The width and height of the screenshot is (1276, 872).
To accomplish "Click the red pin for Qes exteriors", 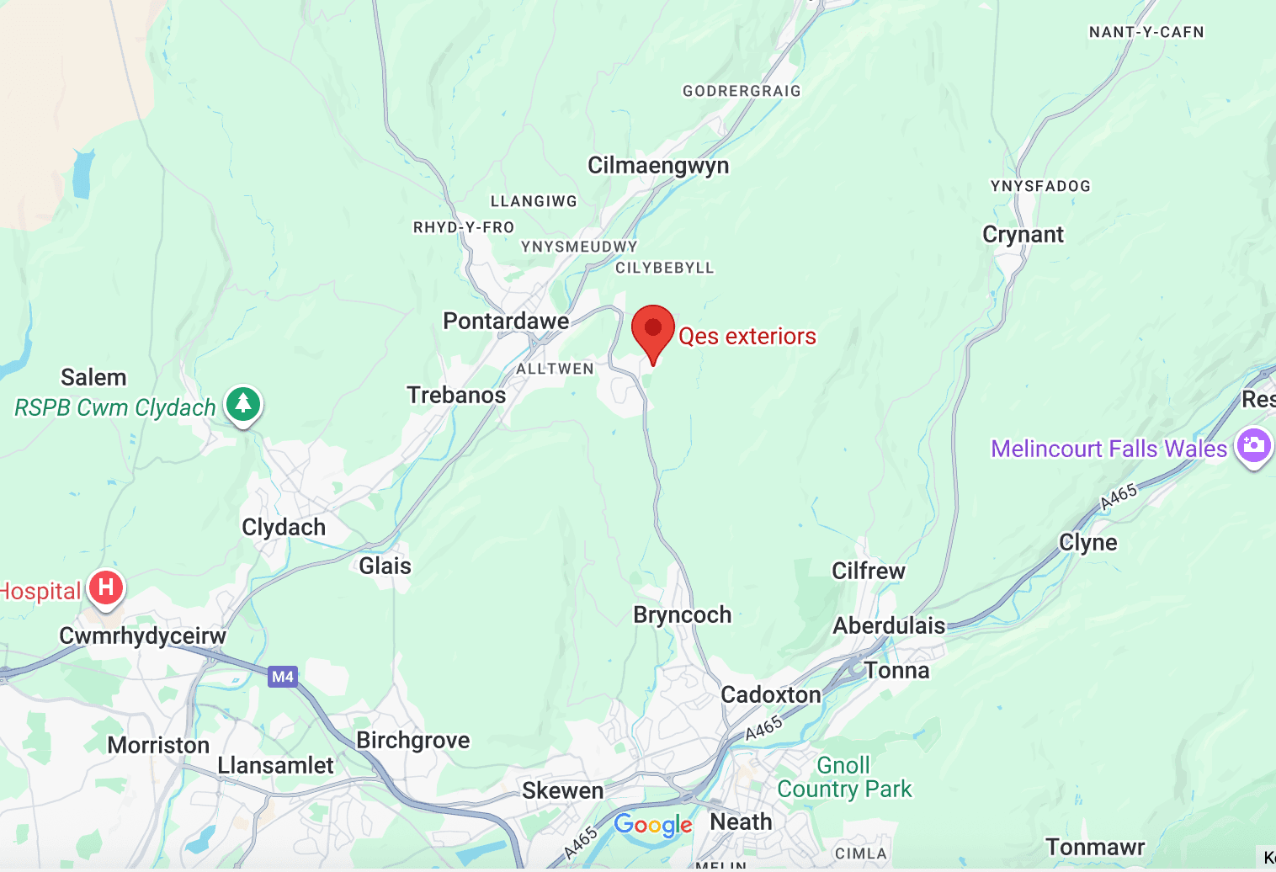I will point(653,330).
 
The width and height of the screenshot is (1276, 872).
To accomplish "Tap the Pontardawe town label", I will point(506,322).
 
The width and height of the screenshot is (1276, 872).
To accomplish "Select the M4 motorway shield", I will point(283,677).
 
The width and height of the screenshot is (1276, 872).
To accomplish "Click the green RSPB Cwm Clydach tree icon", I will point(243,404).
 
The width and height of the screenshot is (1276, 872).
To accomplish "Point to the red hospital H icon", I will point(106,587).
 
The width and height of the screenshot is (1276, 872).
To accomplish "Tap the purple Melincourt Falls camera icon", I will point(1253,445).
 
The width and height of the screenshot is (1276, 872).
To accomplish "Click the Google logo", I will point(653,825).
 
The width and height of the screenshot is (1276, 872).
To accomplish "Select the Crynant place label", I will point(1023,235).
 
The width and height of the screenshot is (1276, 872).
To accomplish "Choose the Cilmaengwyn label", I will point(658,166).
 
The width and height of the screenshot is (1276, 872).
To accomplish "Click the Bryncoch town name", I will point(682,615).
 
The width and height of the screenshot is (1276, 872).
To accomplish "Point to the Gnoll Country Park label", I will point(844,778).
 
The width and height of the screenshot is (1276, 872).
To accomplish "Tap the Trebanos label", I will point(456,396).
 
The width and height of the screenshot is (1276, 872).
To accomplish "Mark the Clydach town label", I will point(284,528).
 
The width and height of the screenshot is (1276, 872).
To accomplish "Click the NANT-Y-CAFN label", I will point(1146,33).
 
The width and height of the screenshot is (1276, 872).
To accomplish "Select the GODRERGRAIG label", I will point(742,91).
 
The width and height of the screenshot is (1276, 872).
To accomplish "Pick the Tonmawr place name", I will point(1095,847).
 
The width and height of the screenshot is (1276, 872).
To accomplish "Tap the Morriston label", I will point(158,746).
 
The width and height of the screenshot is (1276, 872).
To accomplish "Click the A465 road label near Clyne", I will point(1119,497).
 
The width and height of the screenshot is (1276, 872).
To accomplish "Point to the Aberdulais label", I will point(889,626).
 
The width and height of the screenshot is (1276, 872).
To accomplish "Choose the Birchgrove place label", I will point(413,741).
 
